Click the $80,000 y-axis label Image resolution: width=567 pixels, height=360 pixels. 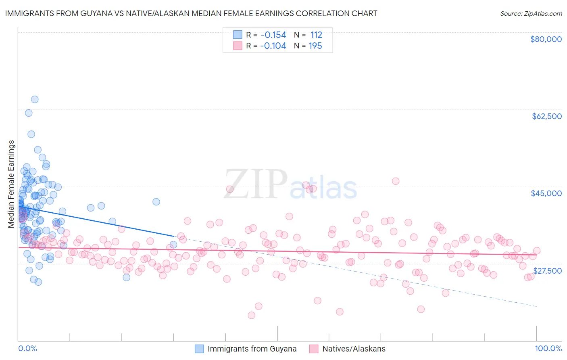(x=546, y=39)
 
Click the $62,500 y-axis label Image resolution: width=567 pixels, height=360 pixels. (x=546, y=116)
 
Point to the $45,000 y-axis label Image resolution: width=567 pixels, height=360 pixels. (x=546, y=193)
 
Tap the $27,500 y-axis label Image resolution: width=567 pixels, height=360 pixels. (x=547, y=271)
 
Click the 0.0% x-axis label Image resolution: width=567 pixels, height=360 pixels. (x=28, y=348)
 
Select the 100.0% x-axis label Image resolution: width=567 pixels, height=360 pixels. (x=548, y=348)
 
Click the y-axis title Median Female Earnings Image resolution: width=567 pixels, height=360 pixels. (x=11, y=184)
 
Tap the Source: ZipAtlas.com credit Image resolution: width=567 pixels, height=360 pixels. (x=531, y=14)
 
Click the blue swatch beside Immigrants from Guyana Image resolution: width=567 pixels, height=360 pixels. (x=199, y=349)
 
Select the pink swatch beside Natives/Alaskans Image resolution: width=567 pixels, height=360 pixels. (x=314, y=349)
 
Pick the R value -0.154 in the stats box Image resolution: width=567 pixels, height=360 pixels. (x=273, y=35)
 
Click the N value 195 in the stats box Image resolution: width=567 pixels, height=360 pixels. (x=315, y=46)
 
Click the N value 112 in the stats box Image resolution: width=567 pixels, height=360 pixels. (x=316, y=35)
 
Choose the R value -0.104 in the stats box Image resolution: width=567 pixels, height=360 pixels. (x=273, y=46)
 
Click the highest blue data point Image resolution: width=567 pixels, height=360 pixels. (x=35, y=99)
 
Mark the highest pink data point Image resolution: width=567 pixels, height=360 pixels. (x=396, y=181)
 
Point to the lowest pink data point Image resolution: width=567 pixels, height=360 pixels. (x=252, y=315)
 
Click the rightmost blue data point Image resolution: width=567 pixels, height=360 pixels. (x=173, y=245)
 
